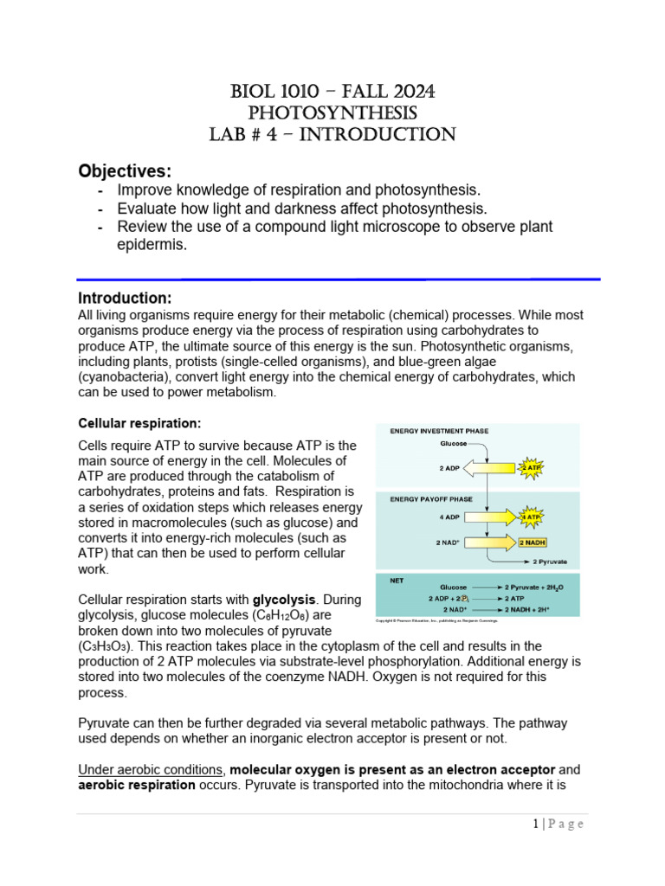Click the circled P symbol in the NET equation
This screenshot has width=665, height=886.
(x=464, y=598)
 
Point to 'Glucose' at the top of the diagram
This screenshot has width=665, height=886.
(x=455, y=443)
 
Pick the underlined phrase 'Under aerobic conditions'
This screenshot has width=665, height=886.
(x=152, y=769)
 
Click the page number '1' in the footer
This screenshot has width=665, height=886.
(x=537, y=824)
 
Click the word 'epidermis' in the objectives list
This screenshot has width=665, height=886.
(x=152, y=245)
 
